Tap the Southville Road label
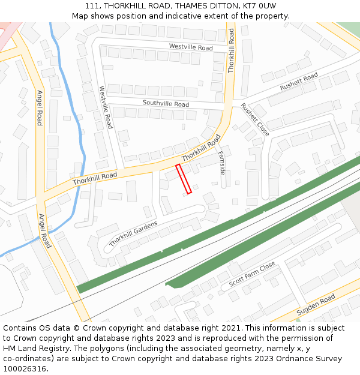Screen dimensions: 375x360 pos(166,104)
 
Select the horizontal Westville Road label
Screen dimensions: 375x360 pos(191,47)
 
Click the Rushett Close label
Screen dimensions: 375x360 pos(255,119)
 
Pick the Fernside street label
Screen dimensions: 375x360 pos(221,162)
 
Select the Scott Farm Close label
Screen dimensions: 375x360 pos(252,274)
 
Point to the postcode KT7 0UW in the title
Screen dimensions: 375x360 pos(259,5)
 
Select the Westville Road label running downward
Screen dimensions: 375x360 pos(106,107)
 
